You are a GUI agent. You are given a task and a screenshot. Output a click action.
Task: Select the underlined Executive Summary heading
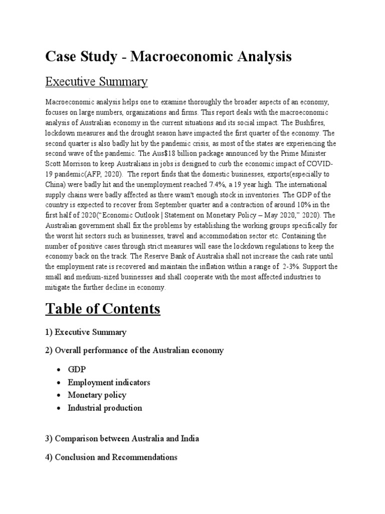[x=96, y=81]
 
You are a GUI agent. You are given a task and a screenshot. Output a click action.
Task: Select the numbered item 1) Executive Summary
[x=86, y=332]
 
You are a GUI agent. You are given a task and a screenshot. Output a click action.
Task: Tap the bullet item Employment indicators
[x=109, y=382]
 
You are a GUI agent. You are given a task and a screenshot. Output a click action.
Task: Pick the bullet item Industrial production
[x=105, y=408]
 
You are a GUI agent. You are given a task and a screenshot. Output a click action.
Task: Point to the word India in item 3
[x=189, y=439]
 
